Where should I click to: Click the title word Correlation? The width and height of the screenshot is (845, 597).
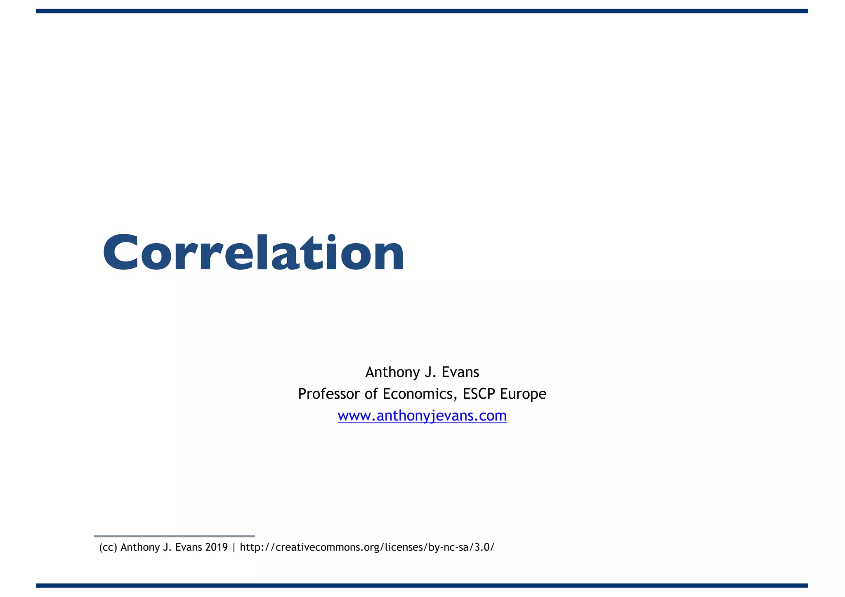coord(253,252)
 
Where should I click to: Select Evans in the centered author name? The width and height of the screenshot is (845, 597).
coord(460,372)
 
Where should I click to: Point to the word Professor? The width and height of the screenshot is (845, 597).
coord(329,394)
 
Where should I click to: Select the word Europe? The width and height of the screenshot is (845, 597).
coord(523,394)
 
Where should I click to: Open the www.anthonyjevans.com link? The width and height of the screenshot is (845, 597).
coord(422,416)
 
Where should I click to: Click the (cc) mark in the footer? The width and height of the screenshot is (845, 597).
coord(108,548)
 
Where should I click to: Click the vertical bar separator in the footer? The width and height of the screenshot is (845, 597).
coord(234,548)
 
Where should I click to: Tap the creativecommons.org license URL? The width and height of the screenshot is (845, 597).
coord(367,548)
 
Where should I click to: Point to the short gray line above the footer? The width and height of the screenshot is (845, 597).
coord(174,536)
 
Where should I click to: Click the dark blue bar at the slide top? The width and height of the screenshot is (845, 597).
coord(422,11)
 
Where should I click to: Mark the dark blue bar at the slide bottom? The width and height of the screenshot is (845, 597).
coord(422,585)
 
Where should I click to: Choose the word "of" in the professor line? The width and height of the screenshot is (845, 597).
coord(371,394)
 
